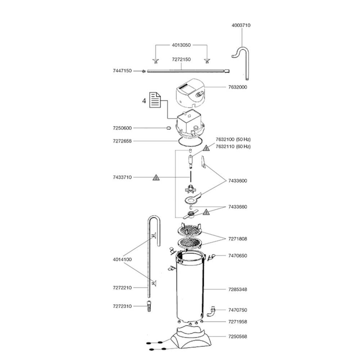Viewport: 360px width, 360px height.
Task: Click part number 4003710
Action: [x=241, y=25]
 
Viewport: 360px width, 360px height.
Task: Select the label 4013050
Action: [x=181, y=45]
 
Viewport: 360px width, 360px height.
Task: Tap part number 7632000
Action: [x=238, y=87]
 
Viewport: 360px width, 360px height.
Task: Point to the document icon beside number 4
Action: [x=155, y=100]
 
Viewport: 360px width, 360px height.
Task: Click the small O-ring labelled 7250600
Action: [x=168, y=128]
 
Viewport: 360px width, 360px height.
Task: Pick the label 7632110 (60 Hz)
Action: [x=233, y=147]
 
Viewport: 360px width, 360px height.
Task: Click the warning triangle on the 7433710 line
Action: [x=156, y=177]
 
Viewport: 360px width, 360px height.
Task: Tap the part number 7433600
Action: [x=238, y=181]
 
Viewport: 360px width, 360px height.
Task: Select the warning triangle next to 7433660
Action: [x=206, y=212]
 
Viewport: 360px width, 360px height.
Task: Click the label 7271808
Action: [x=238, y=239]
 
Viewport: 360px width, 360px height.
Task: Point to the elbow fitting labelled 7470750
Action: [x=212, y=311]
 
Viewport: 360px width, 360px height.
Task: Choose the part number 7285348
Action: [x=238, y=289]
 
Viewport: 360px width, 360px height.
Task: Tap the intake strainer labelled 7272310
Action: [x=149, y=307]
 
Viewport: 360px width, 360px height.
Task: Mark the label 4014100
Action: [x=122, y=260]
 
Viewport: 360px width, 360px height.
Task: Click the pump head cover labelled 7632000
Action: [x=190, y=94]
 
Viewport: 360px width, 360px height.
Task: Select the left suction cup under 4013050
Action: [x=156, y=61]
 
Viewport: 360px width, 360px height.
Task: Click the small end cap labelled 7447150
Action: [x=144, y=71]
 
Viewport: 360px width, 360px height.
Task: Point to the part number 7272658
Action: [x=122, y=141]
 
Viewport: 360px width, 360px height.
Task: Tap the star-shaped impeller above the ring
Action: [x=190, y=189]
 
